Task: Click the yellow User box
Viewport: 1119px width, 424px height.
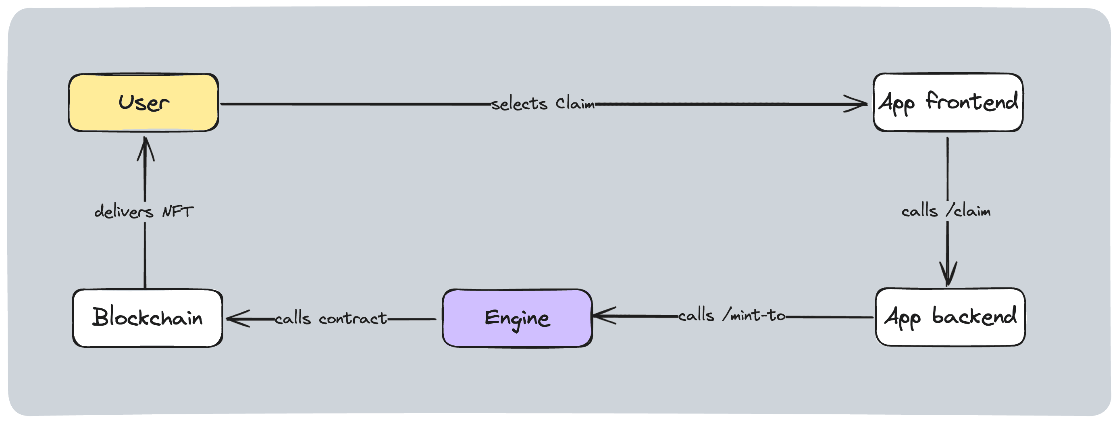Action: click(144, 102)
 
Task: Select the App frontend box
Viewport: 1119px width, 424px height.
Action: click(948, 102)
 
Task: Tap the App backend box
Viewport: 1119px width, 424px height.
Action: click(950, 317)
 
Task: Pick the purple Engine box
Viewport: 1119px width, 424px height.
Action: click(517, 318)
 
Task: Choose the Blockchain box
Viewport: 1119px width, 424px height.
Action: click(147, 318)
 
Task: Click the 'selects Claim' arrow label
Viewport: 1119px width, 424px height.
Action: click(543, 104)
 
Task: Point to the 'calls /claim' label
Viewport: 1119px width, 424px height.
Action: click(946, 212)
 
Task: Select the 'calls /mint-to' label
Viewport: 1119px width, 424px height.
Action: click(732, 315)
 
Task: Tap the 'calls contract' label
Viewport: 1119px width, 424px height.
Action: click(331, 318)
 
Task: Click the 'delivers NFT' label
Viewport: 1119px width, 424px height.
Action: click(144, 212)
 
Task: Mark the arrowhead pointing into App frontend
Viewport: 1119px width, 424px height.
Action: click(858, 104)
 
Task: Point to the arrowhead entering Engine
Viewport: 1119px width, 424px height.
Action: click(602, 316)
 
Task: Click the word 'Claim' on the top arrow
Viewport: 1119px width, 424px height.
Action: click(575, 104)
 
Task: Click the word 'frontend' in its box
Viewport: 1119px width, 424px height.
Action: click(972, 102)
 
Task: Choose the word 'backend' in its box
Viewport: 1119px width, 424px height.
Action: click(974, 316)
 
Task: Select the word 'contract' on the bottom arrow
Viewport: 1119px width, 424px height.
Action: click(352, 318)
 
